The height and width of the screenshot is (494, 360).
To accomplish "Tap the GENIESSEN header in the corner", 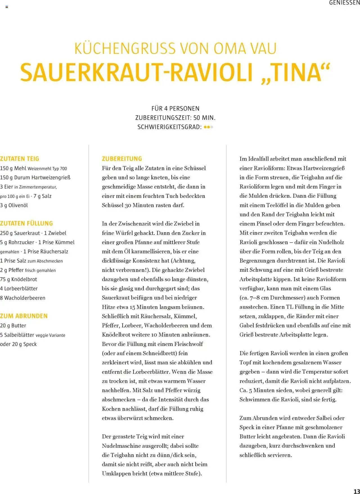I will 344,3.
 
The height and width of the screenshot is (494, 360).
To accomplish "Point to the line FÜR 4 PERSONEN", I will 175,109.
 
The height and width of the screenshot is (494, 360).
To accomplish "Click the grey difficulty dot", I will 212,127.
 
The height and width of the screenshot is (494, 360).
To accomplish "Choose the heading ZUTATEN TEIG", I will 19,159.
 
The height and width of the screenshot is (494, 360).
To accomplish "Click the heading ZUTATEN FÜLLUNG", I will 26,223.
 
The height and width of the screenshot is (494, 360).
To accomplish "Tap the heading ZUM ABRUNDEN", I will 24,316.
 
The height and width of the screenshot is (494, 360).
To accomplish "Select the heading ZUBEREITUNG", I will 122,159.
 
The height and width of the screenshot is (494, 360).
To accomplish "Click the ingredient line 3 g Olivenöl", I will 14,205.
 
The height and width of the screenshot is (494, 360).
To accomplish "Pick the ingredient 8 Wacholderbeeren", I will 22,298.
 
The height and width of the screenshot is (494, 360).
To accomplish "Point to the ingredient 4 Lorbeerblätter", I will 19,289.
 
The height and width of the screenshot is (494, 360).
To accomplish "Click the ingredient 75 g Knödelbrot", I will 19,279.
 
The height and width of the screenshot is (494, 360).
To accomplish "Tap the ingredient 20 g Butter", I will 13,326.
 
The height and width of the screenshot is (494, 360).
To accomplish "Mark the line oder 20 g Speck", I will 18,344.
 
